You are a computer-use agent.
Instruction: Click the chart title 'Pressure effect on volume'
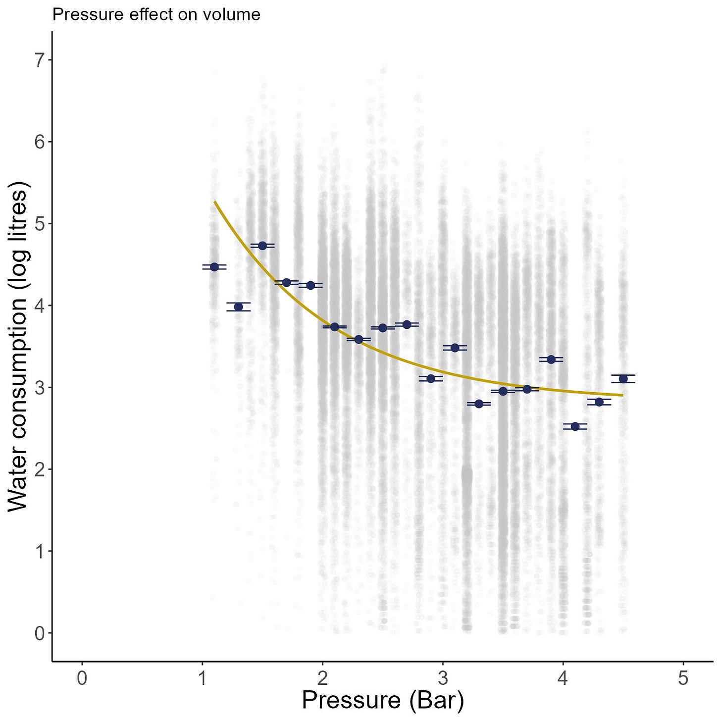click(156, 15)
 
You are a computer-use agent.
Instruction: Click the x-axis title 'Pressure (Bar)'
click(382, 700)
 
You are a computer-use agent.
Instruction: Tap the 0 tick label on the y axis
click(39, 633)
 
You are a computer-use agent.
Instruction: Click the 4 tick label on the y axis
click(39, 306)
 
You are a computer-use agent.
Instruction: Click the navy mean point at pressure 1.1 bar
click(214, 267)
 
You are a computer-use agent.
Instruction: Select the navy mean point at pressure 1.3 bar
click(238, 307)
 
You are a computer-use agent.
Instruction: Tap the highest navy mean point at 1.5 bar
click(262, 246)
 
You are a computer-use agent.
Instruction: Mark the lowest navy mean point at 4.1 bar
click(575, 426)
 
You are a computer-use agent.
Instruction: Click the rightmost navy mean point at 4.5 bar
click(623, 379)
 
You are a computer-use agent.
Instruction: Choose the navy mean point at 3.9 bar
click(551, 359)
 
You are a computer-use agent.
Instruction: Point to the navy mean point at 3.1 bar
click(455, 348)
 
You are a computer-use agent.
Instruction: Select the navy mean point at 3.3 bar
click(479, 404)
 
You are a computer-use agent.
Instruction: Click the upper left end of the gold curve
click(215, 202)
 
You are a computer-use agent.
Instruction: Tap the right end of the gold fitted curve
click(622, 395)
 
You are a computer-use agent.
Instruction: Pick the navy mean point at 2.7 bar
click(407, 324)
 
